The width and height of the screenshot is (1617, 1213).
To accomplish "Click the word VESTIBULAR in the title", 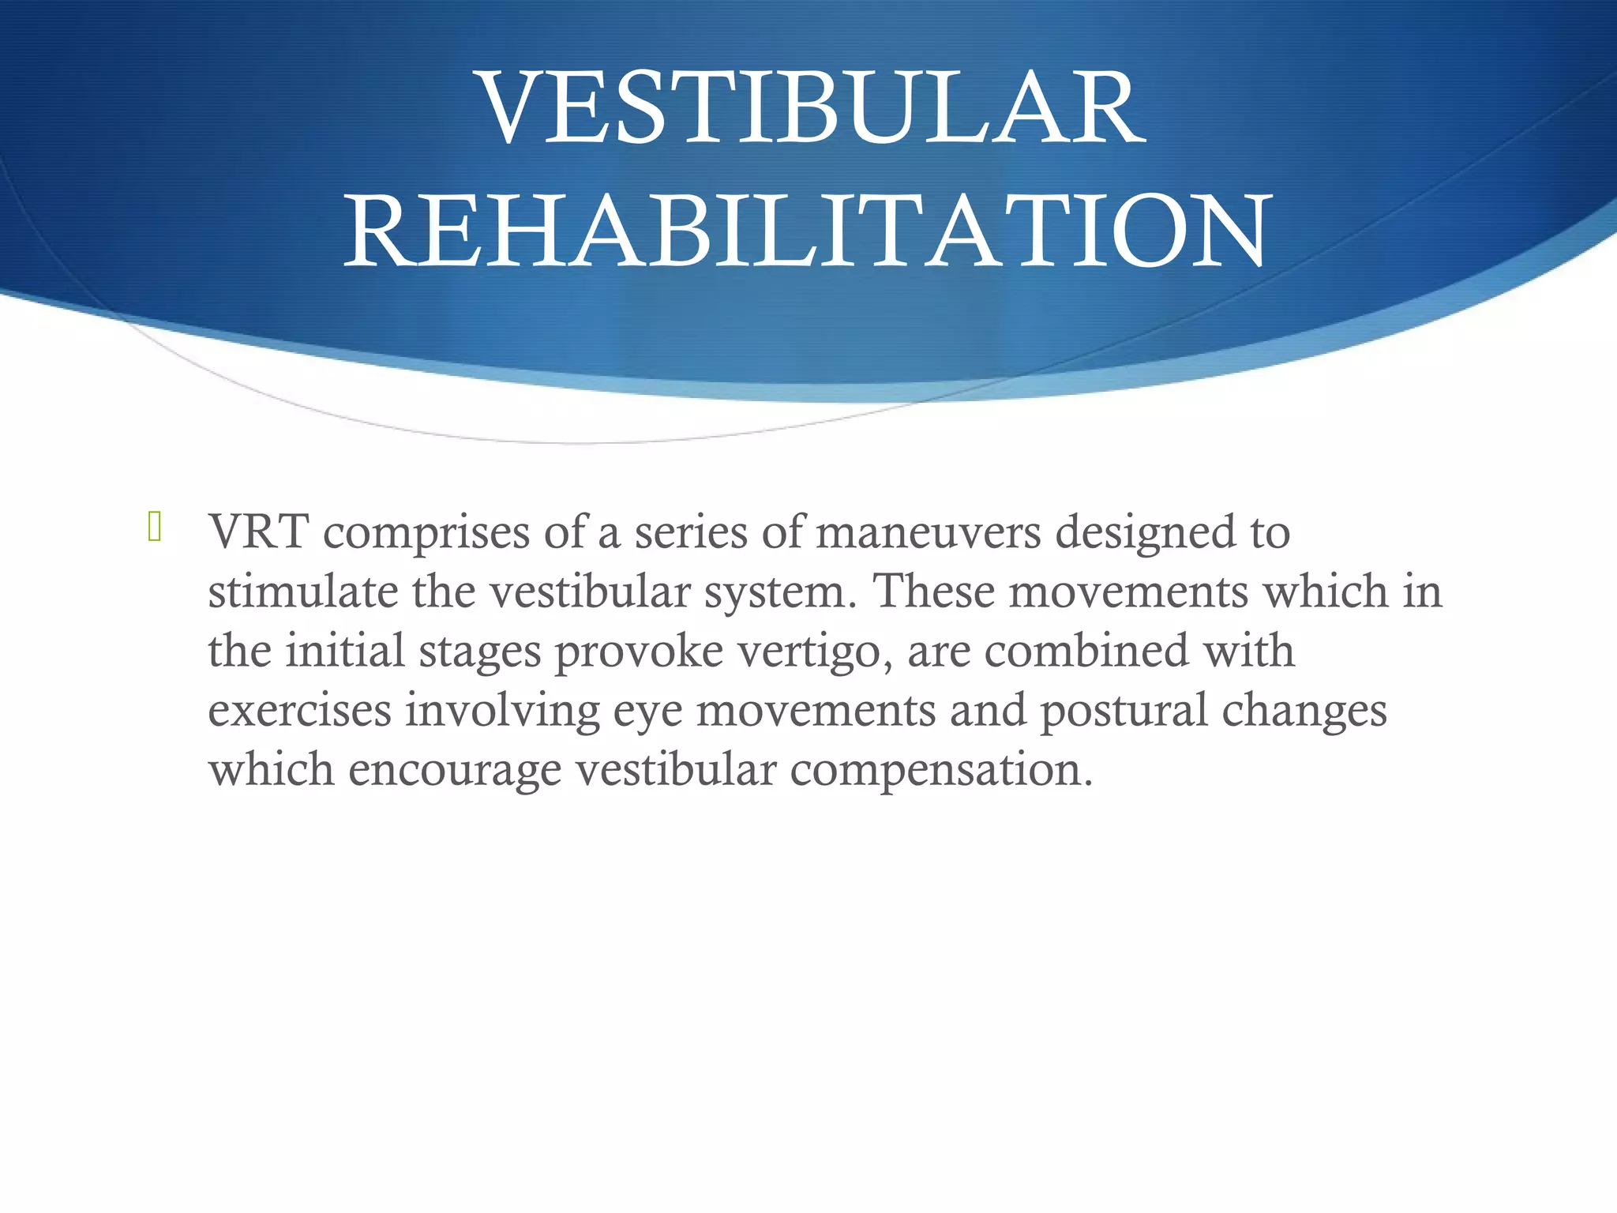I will click(813, 108).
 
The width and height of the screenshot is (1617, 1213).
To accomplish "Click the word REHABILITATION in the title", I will click(807, 231).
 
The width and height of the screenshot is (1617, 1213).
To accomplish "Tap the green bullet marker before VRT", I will click(155, 527).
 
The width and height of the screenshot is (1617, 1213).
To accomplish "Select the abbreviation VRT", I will click(258, 532).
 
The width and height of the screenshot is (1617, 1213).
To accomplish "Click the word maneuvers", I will click(929, 532).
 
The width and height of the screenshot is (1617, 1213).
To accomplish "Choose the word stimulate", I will click(302, 591).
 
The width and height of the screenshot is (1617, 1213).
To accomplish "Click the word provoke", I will click(639, 652).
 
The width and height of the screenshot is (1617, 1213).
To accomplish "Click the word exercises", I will click(300, 710).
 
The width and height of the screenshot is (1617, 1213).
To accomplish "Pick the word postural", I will click(1124, 712).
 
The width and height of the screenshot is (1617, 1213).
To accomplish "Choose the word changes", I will click(1304, 712).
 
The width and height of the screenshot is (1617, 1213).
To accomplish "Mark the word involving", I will click(503, 712).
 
